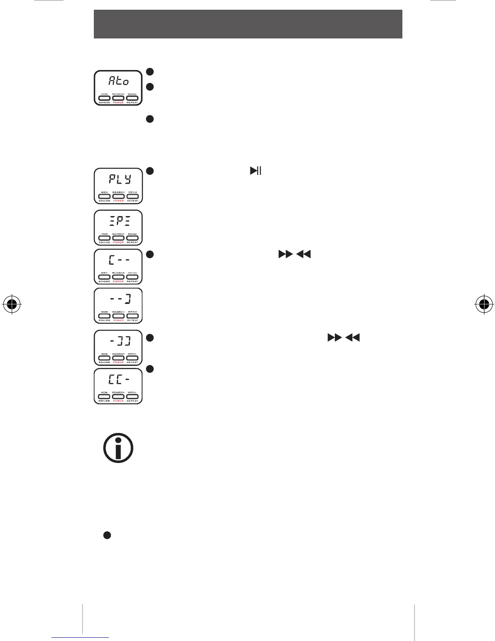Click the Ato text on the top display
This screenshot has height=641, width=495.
tap(118, 81)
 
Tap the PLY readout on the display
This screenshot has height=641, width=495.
tap(119, 179)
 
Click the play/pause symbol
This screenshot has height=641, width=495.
tap(256, 171)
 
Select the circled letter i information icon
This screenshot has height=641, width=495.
tap(118, 448)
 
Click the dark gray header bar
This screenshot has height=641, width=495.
tap(248, 24)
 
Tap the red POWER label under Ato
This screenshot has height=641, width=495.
tap(118, 103)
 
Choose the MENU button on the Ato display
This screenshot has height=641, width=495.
tap(132, 98)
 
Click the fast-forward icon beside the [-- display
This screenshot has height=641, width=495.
tap(285, 255)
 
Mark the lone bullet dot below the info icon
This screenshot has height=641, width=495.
tap(107, 535)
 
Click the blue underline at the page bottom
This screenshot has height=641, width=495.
tap(80, 638)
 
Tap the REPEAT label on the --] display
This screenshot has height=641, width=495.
tap(132, 320)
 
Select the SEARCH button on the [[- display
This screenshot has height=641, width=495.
tap(118, 397)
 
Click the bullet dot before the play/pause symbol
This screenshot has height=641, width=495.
tap(150, 171)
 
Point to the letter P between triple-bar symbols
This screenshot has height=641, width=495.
tap(119, 222)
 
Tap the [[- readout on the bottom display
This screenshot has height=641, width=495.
tap(119, 380)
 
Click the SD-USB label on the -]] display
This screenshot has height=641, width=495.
tap(105, 362)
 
